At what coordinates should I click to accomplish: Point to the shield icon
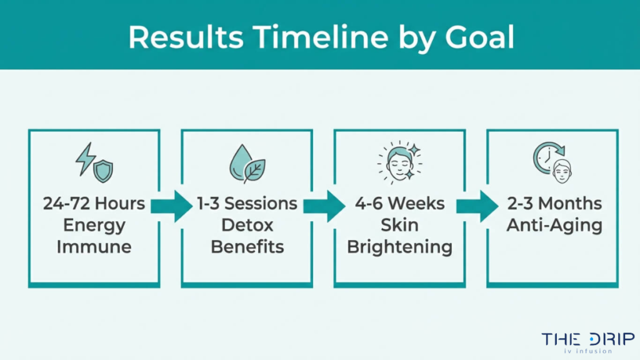[x=103, y=171]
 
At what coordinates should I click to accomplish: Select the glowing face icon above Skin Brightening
[x=399, y=162]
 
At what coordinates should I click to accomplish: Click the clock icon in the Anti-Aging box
[x=547, y=157]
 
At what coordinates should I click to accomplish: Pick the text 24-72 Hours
[x=94, y=204]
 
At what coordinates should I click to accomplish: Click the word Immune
[x=94, y=246]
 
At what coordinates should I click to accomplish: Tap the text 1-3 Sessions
[x=247, y=204]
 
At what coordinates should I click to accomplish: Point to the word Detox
[x=247, y=225]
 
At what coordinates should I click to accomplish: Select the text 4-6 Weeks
[x=399, y=204]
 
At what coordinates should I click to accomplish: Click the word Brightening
[x=399, y=246]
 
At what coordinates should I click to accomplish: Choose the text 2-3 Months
[x=554, y=204]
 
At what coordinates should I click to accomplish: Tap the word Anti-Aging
[x=554, y=225]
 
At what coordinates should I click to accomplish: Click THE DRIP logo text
[x=587, y=339]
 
